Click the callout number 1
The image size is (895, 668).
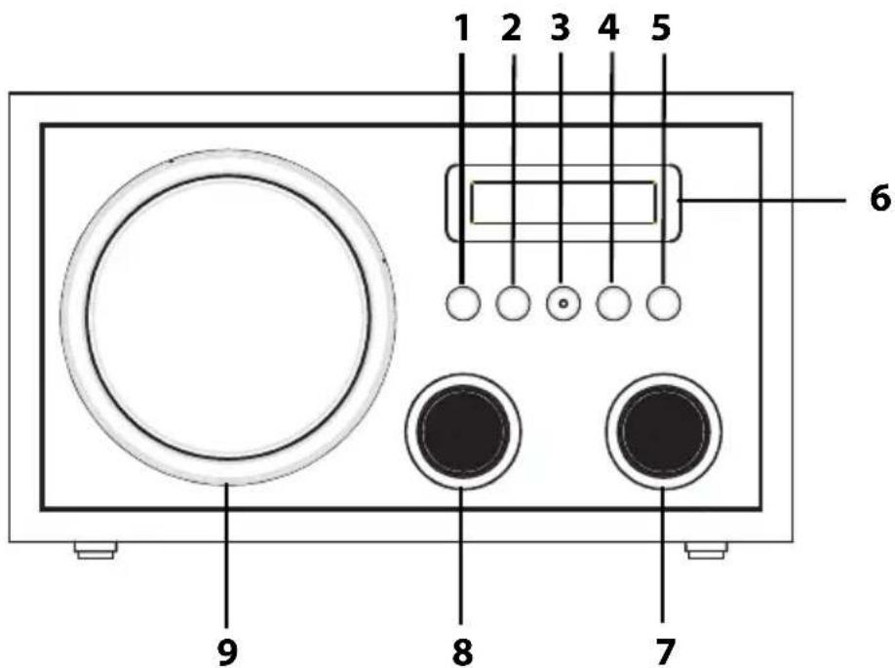[x=462, y=28]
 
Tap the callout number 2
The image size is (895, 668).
[x=512, y=28]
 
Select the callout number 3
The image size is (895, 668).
[x=561, y=28]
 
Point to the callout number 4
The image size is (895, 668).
[x=609, y=28]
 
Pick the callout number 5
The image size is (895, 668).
[x=660, y=28]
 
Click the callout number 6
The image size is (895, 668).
[x=879, y=199]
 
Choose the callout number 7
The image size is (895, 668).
[x=663, y=650]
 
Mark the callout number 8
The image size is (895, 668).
[x=462, y=650]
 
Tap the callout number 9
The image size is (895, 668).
[x=227, y=650]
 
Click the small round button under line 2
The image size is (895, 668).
[x=513, y=303]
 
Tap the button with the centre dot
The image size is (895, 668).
[x=564, y=303]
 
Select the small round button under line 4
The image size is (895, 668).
[x=613, y=303]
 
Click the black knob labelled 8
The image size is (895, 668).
[x=463, y=431]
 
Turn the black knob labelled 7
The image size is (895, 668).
[x=664, y=431]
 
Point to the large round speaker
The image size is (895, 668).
[x=228, y=317]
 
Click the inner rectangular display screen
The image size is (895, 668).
[x=564, y=202]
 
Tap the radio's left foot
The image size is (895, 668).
[x=96, y=550]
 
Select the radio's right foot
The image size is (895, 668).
[x=707, y=550]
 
